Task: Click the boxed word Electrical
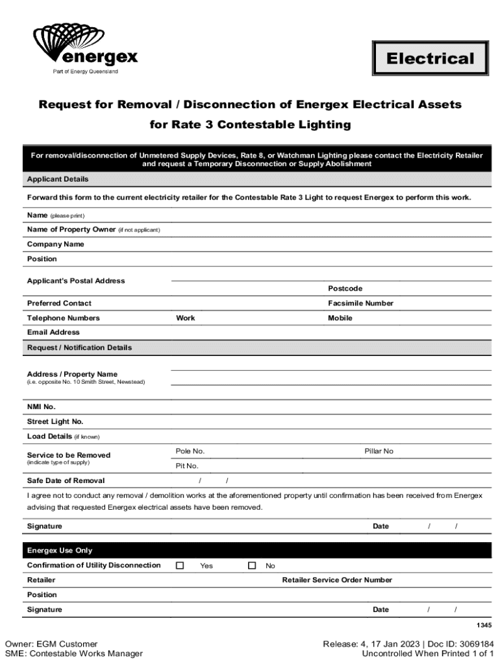point(430,59)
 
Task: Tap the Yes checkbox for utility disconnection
point(180,565)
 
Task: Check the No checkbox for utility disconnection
point(252,565)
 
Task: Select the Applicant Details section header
point(58,179)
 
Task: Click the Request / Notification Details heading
point(79,348)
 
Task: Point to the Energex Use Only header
point(60,551)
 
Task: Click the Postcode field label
point(345,289)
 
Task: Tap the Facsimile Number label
point(360,303)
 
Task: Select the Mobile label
point(340,318)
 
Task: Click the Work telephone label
point(185,318)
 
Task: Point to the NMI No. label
point(42,407)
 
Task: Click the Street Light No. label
point(55,421)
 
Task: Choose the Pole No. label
point(190,451)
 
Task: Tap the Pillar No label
point(379,451)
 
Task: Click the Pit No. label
point(187,466)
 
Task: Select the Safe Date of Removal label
point(66,481)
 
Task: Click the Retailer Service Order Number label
point(337,580)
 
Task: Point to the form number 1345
point(483,626)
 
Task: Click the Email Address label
point(53,333)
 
